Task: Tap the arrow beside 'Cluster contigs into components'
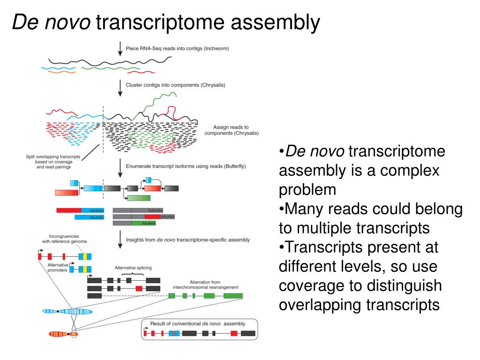point(120,87)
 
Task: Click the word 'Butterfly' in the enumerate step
point(233,166)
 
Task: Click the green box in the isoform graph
point(139,198)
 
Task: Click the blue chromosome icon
point(67,311)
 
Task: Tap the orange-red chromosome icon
point(63,334)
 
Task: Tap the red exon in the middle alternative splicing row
point(139,288)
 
